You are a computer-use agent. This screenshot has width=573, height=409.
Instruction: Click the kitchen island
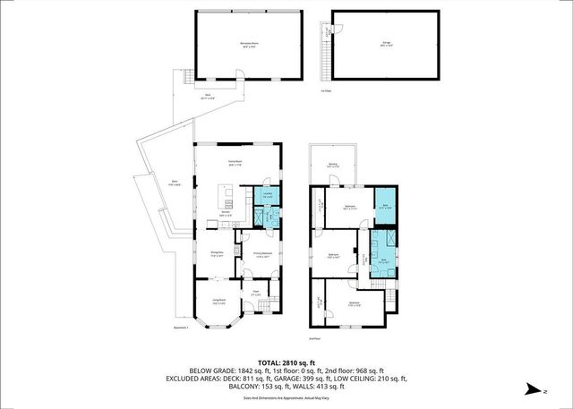(x=230, y=193)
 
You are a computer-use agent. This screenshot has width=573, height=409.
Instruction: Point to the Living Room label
(x=219, y=301)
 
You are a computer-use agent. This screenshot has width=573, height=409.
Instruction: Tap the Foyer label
(x=255, y=292)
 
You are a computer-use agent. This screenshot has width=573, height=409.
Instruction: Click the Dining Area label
(x=217, y=254)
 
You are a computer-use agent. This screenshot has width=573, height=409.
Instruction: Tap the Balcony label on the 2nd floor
(x=332, y=165)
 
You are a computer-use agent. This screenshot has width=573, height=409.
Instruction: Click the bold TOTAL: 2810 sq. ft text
(x=286, y=362)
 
